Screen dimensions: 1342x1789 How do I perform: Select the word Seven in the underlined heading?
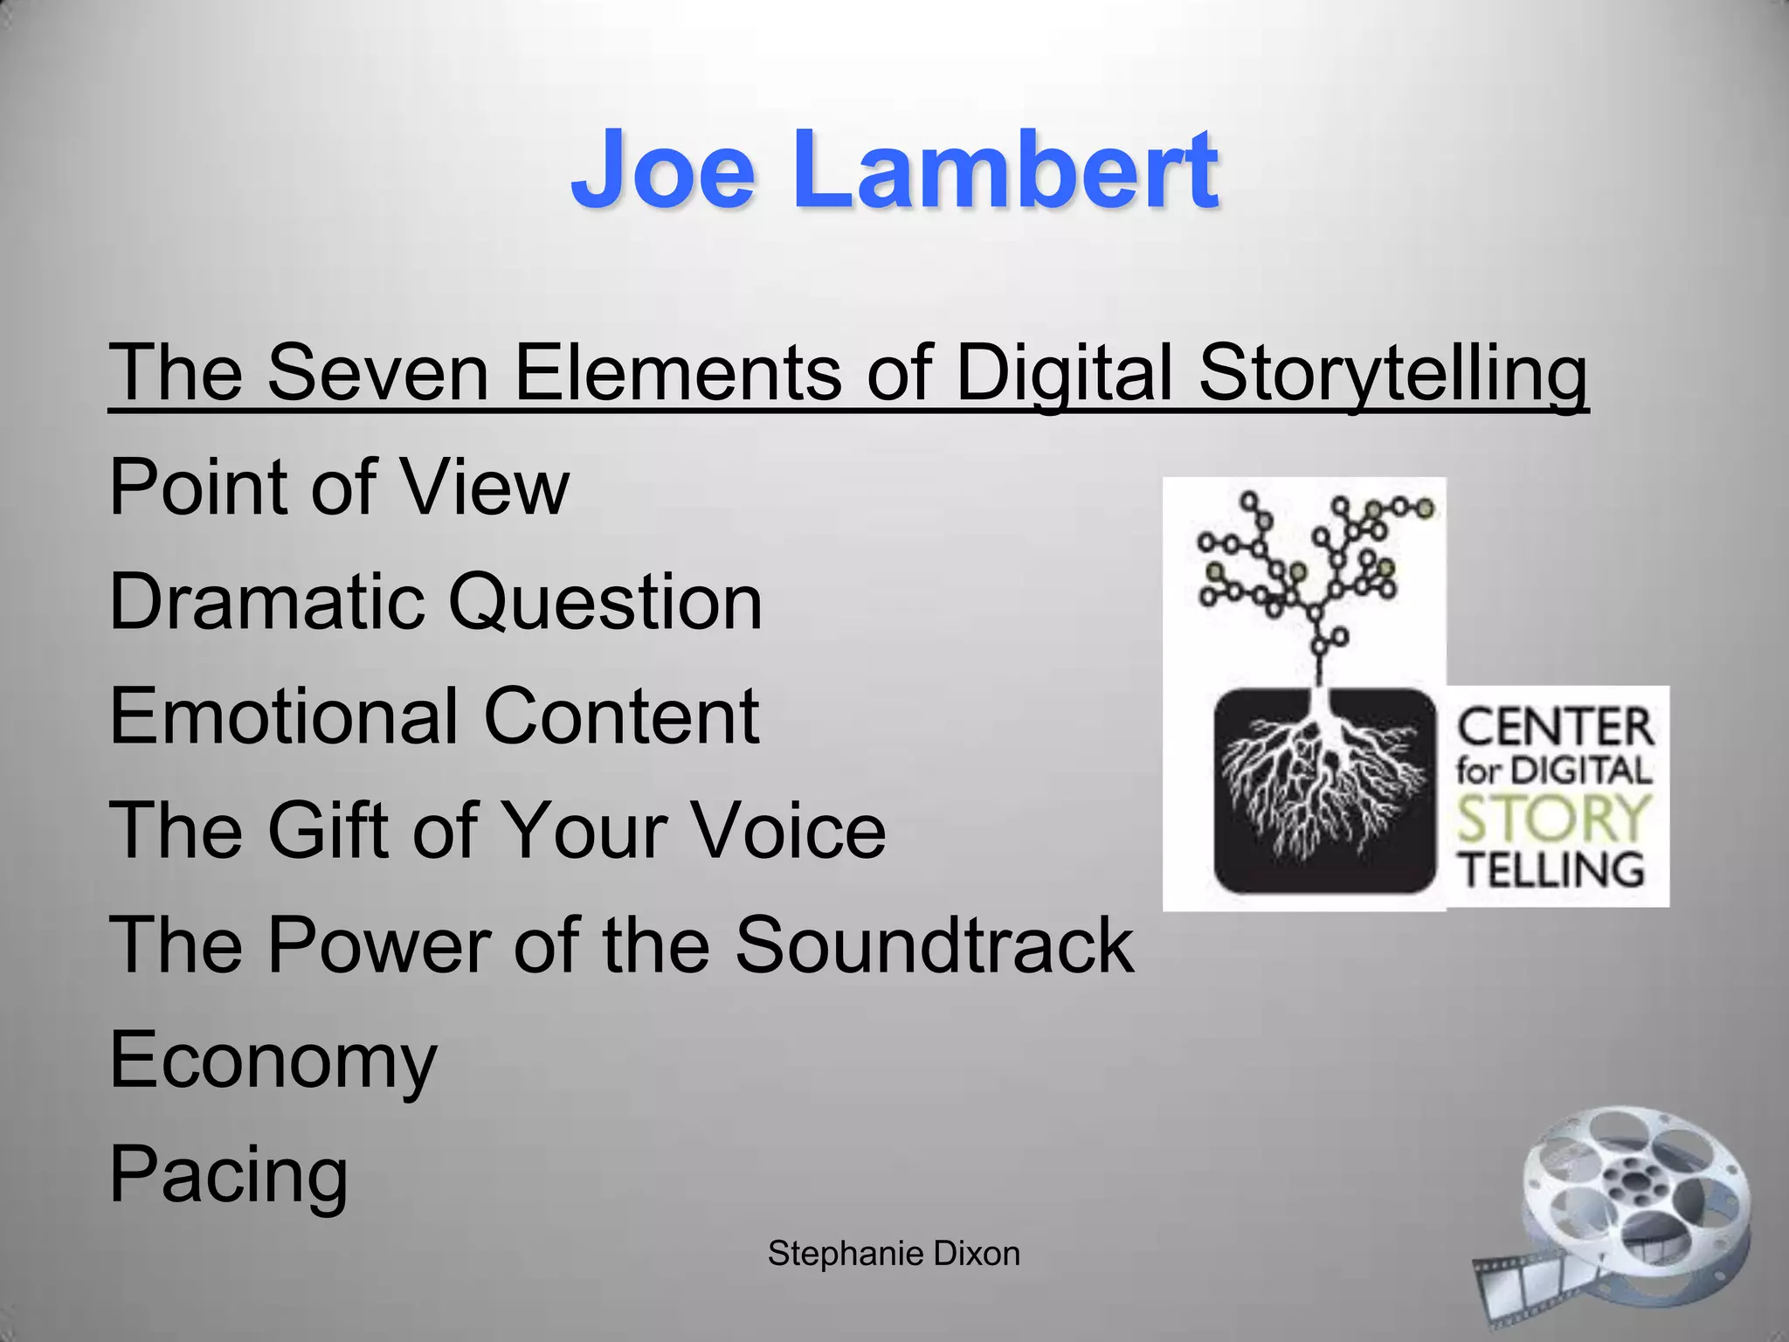point(376,373)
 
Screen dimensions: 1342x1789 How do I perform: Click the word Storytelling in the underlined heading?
point(1392,373)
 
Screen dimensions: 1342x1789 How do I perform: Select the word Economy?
point(273,1061)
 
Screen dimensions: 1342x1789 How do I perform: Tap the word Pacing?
point(229,1175)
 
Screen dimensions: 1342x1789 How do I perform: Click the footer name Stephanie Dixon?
point(894,1254)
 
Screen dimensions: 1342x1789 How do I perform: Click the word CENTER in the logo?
point(1555,728)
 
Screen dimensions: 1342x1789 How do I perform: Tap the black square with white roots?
point(1324,791)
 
